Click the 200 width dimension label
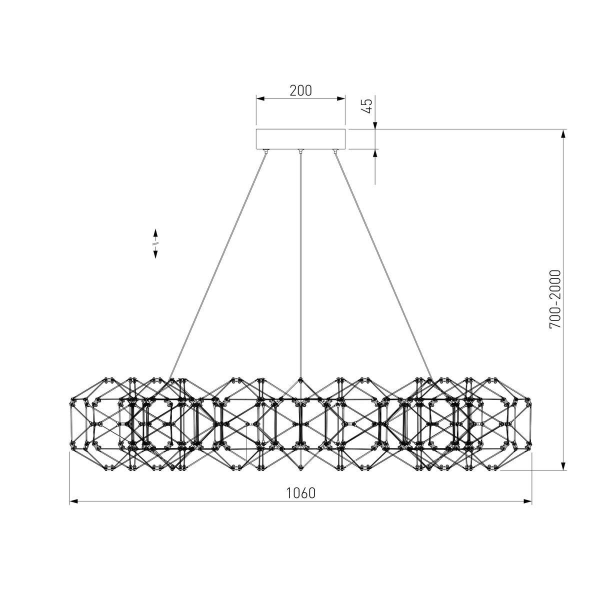tap(300, 90)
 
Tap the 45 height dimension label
tap(368, 106)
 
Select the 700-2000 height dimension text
tap(555, 299)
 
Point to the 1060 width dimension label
tap(300, 493)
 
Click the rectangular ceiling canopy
tap(300, 139)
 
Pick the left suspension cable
tap(217, 266)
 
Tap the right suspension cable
tap(383, 266)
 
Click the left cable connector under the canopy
tap(266, 151)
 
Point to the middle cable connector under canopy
tap(300, 151)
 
